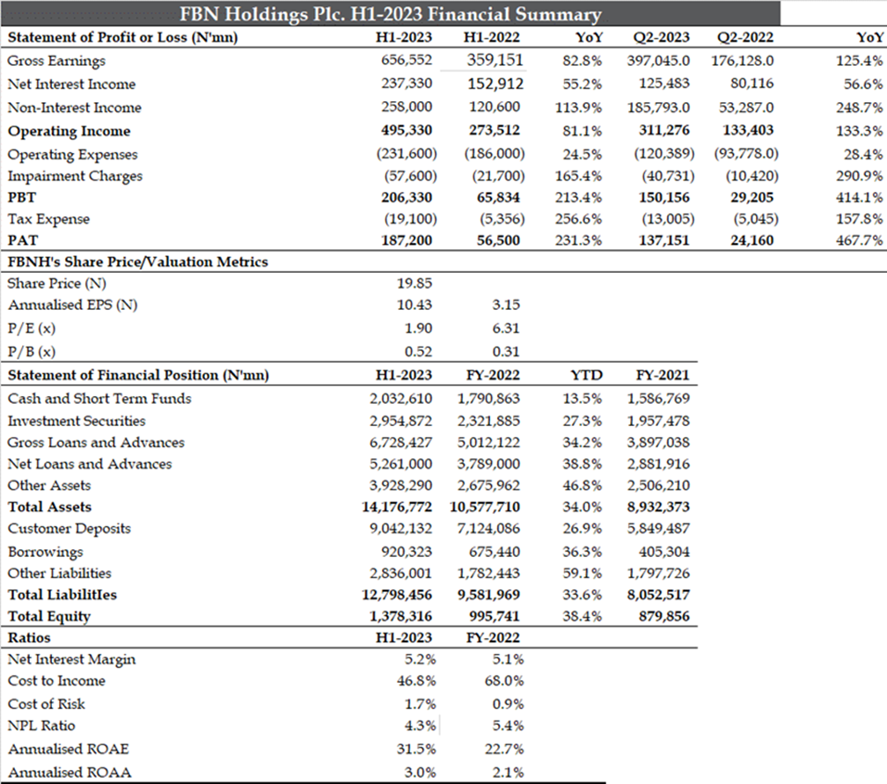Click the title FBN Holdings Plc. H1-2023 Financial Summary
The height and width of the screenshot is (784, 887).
point(391,14)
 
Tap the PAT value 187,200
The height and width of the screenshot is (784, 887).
point(406,240)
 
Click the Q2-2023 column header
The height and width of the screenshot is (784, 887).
point(661,38)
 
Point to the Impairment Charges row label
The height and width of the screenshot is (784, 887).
point(75,176)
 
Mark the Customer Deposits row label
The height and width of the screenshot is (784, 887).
point(70,529)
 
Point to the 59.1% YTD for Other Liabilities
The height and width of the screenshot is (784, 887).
point(583,573)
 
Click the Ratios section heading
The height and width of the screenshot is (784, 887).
point(29,638)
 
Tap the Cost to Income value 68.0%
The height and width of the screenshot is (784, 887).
point(503,681)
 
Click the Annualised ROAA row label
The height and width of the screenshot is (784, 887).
point(70,773)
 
